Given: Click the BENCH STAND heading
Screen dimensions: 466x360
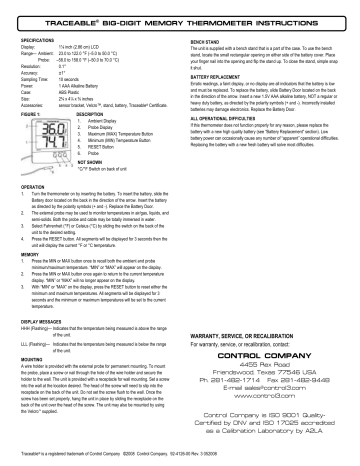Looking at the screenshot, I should [x=206, y=41].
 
